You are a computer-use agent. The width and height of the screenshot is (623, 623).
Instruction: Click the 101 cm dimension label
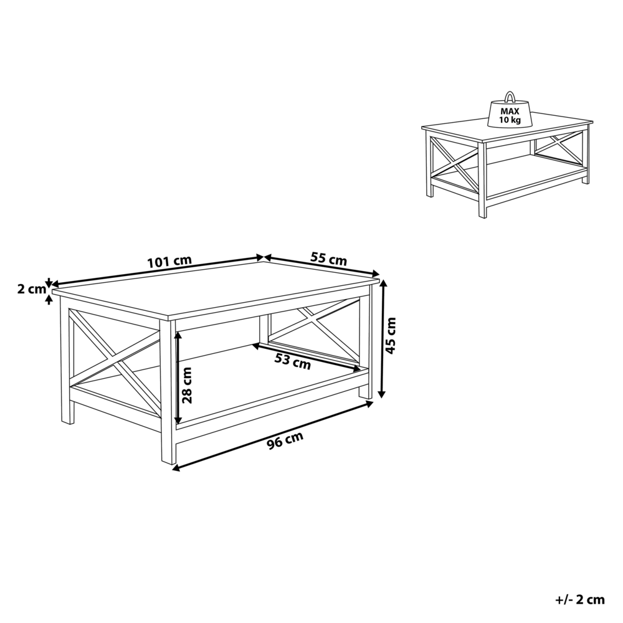(169, 262)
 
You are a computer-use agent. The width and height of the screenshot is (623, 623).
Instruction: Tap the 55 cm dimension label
(328, 259)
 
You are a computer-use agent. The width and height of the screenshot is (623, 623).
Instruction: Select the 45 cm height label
(391, 336)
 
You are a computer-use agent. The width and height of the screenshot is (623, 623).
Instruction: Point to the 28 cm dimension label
(188, 386)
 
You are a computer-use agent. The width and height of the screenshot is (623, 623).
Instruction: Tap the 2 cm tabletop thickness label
(31, 289)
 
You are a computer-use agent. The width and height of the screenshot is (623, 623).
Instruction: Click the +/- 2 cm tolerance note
(579, 600)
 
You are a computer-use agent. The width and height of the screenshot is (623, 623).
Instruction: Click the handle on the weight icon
(510, 97)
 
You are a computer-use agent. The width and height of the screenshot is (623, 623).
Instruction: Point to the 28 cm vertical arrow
(179, 377)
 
